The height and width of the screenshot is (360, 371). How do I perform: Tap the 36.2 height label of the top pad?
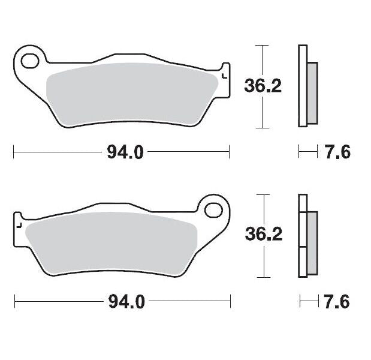[263, 87]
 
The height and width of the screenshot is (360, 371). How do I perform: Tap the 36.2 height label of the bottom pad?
[263, 236]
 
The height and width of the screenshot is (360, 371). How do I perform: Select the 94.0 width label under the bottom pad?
[125, 302]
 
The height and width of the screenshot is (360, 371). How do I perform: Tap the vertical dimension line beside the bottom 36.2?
[259, 264]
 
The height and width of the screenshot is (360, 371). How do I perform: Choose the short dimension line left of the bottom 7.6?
[307, 302]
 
